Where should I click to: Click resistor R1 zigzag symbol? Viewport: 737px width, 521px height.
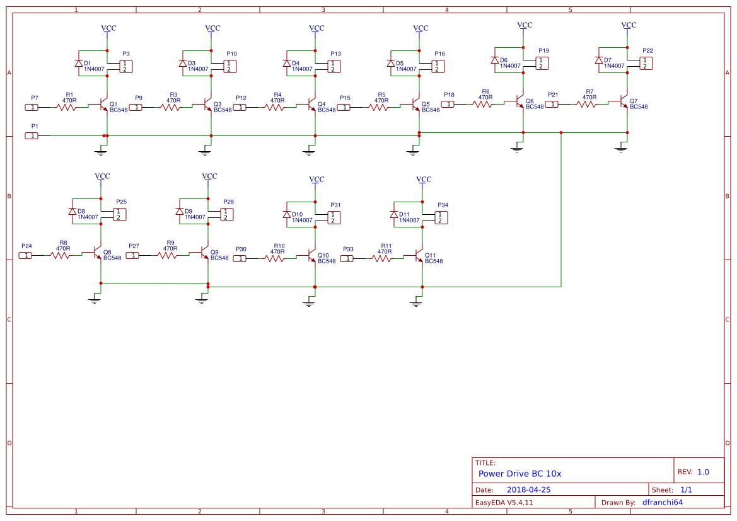point(66,107)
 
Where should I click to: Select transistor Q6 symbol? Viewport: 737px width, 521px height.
point(519,101)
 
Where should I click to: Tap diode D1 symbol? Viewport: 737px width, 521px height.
point(78,64)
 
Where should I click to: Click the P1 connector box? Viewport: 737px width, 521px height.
point(32,135)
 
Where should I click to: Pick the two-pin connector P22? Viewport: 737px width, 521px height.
point(646,63)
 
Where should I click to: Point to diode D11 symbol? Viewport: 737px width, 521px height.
point(393,214)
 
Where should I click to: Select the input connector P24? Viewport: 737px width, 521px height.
point(26,255)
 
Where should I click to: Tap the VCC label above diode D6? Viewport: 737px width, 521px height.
point(525,25)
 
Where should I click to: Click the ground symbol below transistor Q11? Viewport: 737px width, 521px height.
point(415,303)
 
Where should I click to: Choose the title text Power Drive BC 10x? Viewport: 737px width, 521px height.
point(519,474)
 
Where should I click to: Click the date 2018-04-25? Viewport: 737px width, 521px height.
point(529,490)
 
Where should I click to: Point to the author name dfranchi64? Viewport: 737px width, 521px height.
point(662,502)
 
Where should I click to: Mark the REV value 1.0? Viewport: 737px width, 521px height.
point(703,472)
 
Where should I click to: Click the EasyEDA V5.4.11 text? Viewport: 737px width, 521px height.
point(504,502)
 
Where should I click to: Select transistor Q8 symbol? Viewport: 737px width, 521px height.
point(97,253)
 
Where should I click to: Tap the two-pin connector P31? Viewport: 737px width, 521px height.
point(334,217)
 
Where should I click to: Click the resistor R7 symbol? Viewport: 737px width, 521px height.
point(586,104)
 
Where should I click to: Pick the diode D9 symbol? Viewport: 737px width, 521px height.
point(179,212)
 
